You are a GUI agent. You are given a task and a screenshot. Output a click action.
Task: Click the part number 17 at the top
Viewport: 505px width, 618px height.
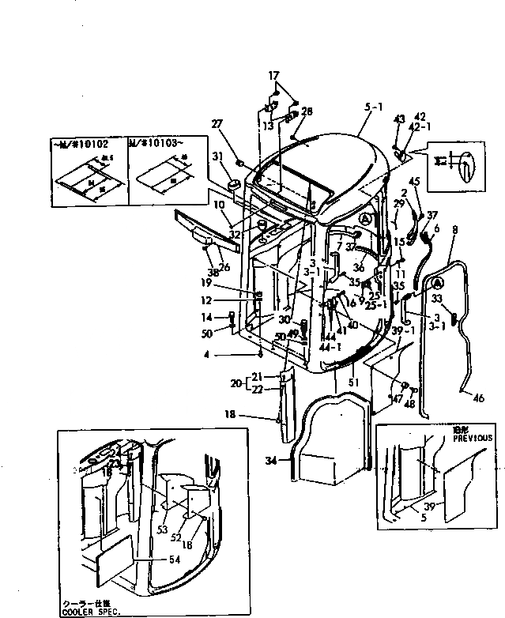[x=273, y=76]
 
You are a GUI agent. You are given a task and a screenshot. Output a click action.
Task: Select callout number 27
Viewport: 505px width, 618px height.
[x=217, y=124]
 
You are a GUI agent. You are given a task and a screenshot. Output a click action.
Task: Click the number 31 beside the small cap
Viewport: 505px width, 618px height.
[x=217, y=156]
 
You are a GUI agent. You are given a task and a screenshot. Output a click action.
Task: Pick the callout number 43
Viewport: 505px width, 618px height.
[x=399, y=119]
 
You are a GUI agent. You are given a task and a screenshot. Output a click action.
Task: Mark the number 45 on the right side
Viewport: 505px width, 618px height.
[x=414, y=183]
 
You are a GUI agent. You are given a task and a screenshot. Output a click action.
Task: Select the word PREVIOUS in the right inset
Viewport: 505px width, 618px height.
[x=473, y=437]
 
